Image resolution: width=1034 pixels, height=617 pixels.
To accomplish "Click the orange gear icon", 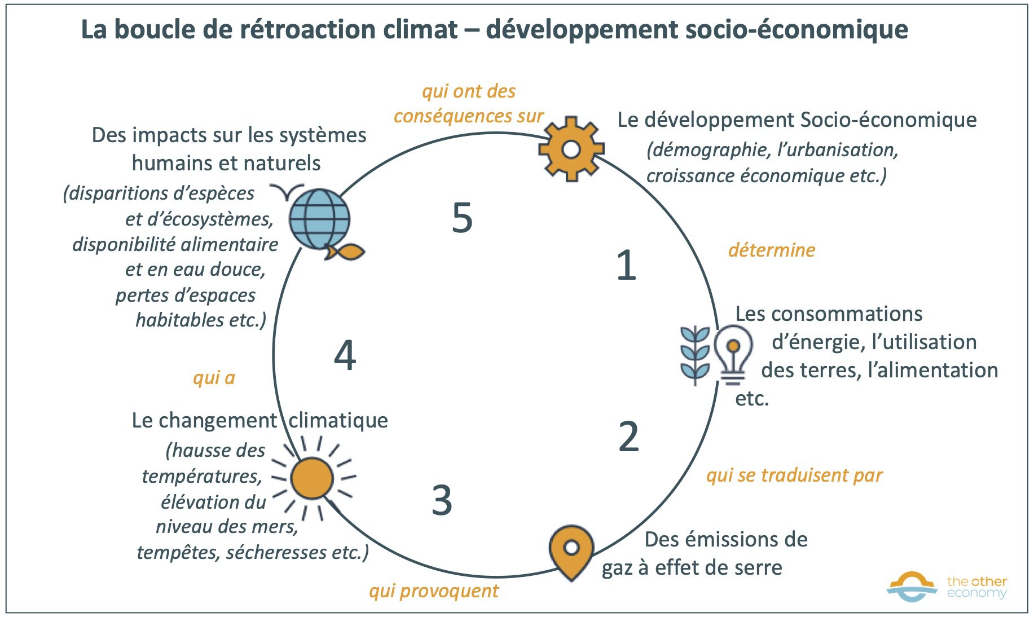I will point(571,149).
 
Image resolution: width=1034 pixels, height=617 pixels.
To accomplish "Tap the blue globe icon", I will point(319,219).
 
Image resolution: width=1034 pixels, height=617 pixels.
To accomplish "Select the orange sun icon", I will point(312,478).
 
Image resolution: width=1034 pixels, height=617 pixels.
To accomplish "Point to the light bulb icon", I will point(732,352).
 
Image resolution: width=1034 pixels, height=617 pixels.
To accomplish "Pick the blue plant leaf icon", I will point(694,355).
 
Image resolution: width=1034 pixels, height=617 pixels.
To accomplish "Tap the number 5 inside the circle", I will point(462,218).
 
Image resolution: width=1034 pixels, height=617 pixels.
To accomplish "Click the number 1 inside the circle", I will point(626,265).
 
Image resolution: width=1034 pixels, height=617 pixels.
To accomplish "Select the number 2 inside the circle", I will point(628,437).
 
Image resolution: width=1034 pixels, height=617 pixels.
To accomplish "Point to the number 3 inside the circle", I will point(442,500).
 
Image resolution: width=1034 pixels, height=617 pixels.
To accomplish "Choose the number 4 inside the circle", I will point(345,355).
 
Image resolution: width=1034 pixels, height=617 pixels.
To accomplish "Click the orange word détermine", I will point(772,250).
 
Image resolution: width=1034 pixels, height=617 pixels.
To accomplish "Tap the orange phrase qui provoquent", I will point(434,590).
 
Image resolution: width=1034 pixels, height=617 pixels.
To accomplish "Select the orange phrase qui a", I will point(214,378).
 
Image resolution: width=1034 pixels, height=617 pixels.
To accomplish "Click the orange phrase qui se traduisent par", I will point(794,475).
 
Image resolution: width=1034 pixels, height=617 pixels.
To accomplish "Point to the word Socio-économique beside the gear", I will point(888,120).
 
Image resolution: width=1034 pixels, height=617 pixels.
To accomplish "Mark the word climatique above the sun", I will point(338,421).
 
